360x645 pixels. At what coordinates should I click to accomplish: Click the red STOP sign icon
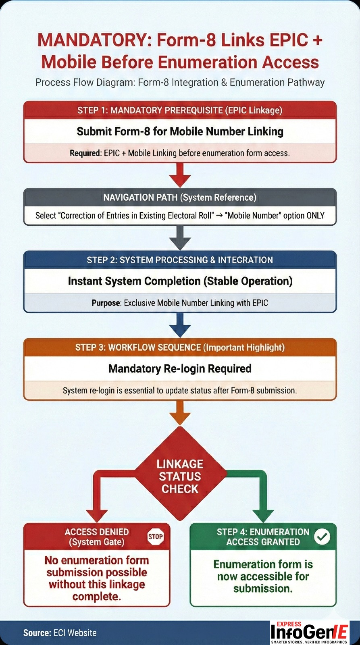pos(156,537)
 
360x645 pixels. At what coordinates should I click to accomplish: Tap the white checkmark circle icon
pos(322,537)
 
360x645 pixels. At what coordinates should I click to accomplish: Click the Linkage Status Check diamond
pos(180,476)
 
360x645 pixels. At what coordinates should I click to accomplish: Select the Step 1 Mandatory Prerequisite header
pos(180,110)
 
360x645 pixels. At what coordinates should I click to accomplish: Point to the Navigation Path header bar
pos(180,198)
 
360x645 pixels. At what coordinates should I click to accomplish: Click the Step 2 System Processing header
pos(180,260)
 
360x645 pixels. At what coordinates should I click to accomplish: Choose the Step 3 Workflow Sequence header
pos(180,347)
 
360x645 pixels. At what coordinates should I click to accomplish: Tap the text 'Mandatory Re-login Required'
pos(180,368)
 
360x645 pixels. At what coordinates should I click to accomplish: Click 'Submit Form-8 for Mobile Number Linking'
pos(180,131)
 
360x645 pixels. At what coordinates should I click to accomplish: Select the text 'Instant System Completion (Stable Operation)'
pos(180,281)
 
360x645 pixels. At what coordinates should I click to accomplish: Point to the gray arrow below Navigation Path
pos(180,238)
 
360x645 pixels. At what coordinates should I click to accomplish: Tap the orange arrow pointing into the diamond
pos(180,414)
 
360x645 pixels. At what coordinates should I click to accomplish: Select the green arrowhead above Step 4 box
pos(263,516)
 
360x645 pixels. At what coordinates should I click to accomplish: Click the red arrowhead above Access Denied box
pos(97,516)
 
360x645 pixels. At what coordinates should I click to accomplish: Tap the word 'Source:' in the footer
pos(37,633)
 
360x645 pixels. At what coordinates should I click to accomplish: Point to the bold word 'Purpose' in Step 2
pos(106,303)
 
